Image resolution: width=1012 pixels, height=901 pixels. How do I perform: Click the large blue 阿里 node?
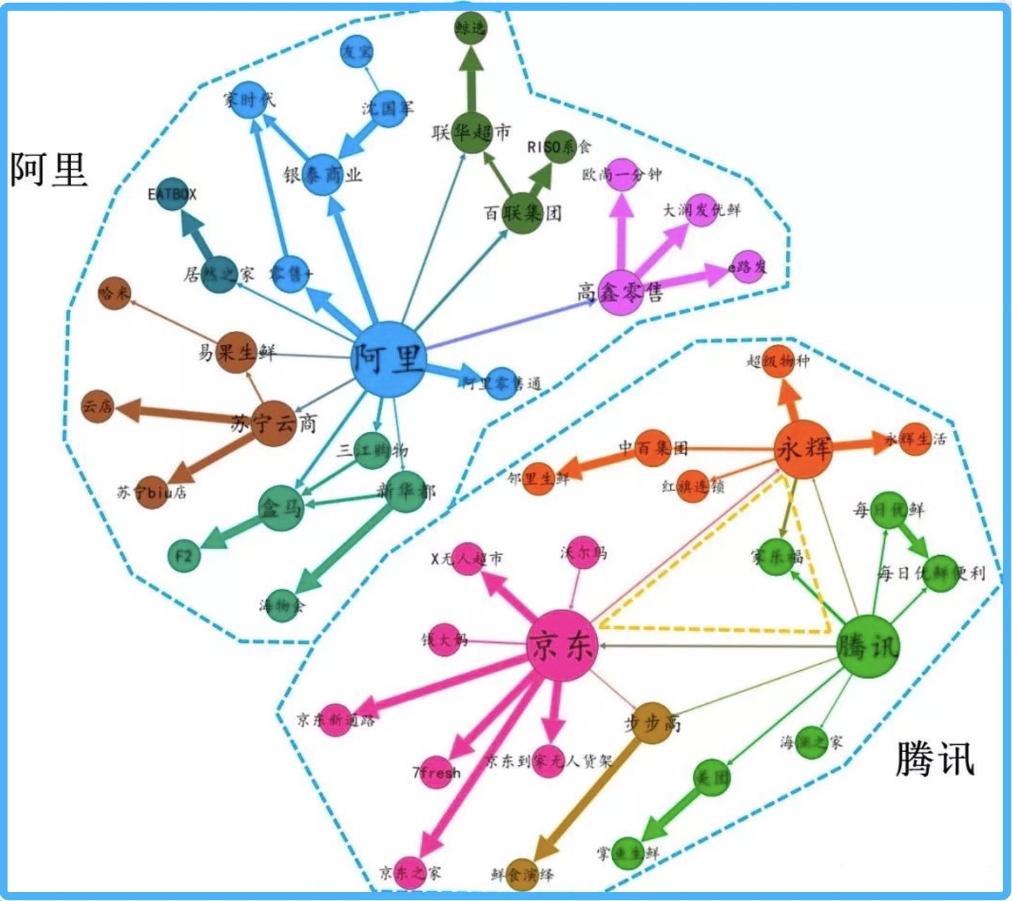click(389, 359)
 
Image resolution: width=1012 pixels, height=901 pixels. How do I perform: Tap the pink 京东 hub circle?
click(562, 645)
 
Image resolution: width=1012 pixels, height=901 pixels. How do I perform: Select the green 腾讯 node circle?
click(869, 646)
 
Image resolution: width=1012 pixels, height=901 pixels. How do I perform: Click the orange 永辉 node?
click(803, 449)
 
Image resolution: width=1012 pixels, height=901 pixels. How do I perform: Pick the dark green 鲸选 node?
click(471, 27)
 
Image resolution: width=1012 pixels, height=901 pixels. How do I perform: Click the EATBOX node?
click(172, 193)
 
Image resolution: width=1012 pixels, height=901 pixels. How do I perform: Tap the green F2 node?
click(184, 556)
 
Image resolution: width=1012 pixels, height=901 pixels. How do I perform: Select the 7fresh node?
click(436, 772)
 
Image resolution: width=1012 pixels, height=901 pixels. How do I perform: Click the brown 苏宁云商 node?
click(273, 423)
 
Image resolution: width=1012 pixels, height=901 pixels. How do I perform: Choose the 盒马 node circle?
click(281, 507)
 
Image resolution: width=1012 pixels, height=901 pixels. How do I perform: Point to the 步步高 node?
click(651, 722)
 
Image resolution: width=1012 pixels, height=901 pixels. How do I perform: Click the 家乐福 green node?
click(777, 557)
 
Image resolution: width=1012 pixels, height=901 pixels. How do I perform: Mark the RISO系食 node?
click(559, 147)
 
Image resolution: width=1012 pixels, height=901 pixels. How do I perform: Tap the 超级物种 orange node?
click(778, 362)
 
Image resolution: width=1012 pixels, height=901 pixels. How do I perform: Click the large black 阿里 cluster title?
click(48, 170)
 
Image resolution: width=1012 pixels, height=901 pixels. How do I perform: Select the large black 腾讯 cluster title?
click(935, 760)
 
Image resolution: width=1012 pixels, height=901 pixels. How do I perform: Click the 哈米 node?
click(115, 293)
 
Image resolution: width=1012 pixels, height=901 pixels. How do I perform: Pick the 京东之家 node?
click(410, 872)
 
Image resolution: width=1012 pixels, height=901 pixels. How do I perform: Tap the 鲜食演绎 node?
click(521, 874)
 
